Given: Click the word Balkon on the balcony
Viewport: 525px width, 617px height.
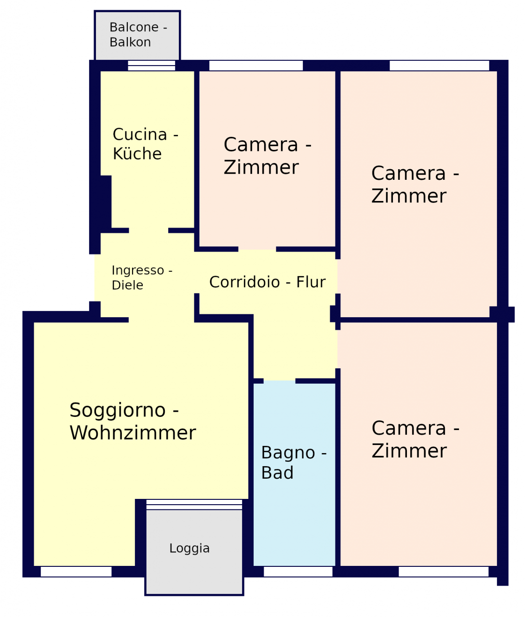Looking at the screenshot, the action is (130, 42).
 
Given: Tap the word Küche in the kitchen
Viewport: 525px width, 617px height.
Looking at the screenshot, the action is (137, 154).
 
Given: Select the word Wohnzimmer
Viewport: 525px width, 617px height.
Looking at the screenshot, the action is (133, 433).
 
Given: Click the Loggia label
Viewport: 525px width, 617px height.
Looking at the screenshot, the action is (189, 549).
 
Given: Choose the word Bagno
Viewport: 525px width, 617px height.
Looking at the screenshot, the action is (288, 454).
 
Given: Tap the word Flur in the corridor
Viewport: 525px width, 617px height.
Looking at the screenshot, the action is (310, 282).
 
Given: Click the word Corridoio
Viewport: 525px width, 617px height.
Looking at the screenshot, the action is (244, 282).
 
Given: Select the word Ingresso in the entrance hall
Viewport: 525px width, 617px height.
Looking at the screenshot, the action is (138, 271).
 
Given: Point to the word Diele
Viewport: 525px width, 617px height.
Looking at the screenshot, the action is (127, 285).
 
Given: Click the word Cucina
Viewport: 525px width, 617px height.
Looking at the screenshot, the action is (140, 134).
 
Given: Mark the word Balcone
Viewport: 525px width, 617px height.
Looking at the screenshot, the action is (134, 27).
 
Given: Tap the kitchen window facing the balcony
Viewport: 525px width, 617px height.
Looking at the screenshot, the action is (152, 66).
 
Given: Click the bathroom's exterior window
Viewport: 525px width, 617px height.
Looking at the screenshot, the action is (298, 572).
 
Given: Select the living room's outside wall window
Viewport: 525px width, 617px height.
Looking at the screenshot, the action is (76, 572).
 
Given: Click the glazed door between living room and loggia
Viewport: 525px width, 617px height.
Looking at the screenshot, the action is (194, 505).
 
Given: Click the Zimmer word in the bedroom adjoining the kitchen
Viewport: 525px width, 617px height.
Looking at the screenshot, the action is (261, 167).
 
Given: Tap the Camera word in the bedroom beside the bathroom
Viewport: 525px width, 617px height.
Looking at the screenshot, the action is (409, 429).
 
